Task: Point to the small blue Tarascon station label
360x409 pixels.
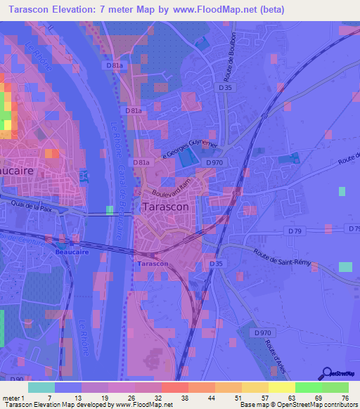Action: coord(153,264)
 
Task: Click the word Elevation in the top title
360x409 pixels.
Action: coord(75,9)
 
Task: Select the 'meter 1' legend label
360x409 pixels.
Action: coord(14,397)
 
